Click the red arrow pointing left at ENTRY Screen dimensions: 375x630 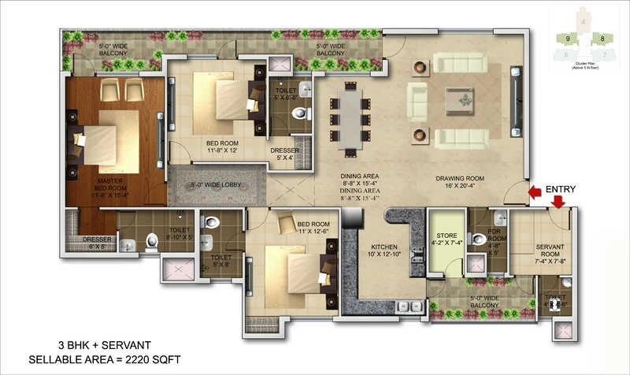coord(535,191)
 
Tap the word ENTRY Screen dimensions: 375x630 coord(561,189)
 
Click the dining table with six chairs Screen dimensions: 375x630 coord(350,117)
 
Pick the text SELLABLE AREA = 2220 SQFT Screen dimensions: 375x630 coord(105,359)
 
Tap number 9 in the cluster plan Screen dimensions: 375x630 coord(566,38)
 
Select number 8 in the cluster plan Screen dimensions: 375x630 coord(602,38)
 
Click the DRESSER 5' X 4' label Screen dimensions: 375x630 coord(283,154)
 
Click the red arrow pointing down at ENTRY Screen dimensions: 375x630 coord(558,202)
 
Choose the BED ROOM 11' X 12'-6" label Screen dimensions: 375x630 coord(313,227)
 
